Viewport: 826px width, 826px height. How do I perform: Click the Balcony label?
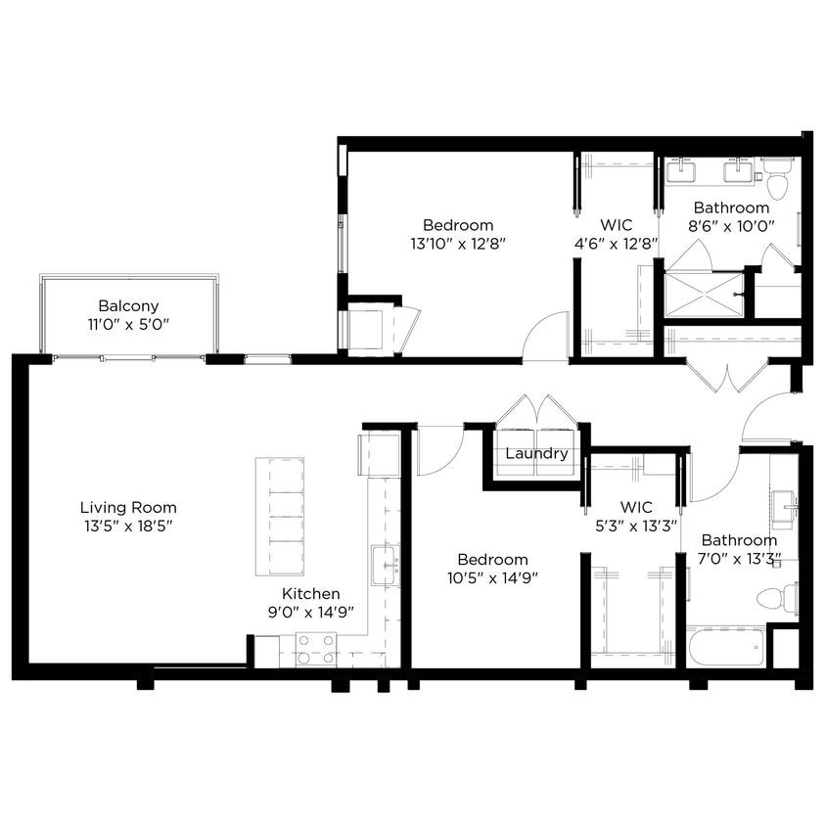(x=128, y=305)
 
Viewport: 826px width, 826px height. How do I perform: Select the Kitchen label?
(x=311, y=593)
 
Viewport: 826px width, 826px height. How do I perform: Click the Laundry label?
(x=536, y=454)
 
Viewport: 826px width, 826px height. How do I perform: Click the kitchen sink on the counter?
(x=385, y=566)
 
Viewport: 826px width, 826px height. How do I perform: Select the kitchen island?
(x=280, y=516)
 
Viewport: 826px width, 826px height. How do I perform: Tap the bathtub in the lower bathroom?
(x=725, y=647)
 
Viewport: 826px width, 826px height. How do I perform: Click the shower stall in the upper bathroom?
(x=704, y=294)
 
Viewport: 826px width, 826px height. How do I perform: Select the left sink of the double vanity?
(x=680, y=172)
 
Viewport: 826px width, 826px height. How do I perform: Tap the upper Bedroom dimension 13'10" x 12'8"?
(x=458, y=243)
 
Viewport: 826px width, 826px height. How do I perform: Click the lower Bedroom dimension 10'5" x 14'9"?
(x=498, y=576)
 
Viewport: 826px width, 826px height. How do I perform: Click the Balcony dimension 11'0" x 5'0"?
(x=128, y=323)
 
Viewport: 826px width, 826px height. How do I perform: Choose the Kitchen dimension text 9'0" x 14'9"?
(x=311, y=611)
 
